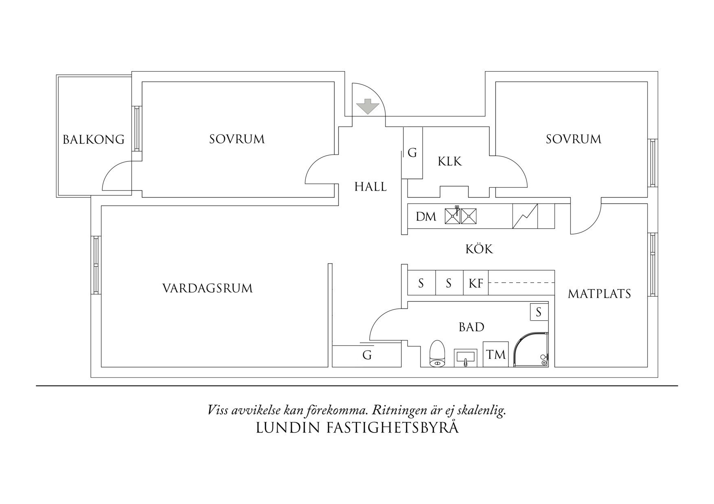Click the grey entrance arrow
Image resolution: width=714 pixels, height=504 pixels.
[368, 106]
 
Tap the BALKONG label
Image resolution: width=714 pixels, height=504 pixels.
[93, 139]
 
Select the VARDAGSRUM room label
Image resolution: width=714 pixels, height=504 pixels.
[207, 288]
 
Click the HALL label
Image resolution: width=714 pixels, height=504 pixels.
[370, 187]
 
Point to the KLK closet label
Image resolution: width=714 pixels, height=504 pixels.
[449, 161]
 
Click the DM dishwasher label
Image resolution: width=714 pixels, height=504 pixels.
[426, 217]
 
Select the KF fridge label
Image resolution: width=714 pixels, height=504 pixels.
[475, 283]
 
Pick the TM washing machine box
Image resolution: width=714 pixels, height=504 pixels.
[495, 354]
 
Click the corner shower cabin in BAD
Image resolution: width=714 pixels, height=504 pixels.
[531, 350]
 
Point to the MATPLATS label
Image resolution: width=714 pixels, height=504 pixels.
[599, 294]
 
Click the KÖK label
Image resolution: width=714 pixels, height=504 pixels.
[479, 249]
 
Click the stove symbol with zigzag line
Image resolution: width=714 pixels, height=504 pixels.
[525, 216]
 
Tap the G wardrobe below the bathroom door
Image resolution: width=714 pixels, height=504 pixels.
[367, 356]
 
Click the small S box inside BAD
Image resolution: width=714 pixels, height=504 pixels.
[539, 312]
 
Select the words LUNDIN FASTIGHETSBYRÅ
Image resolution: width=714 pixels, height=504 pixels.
[357, 428]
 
